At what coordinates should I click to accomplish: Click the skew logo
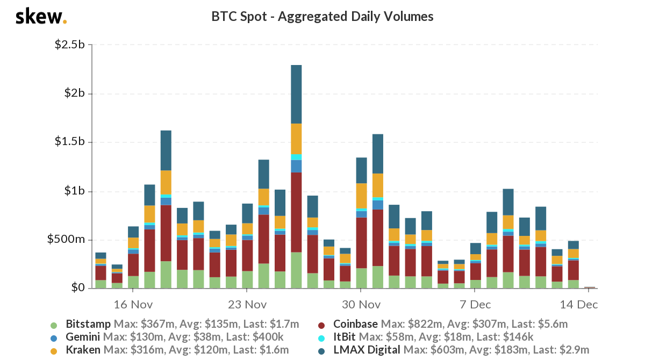tap(41, 17)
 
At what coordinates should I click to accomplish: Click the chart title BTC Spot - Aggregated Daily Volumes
tap(322, 17)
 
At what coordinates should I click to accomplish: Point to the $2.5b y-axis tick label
tap(70, 45)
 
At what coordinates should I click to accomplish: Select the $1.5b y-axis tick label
tap(70, 142)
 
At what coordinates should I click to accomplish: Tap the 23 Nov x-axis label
tap(248, 304)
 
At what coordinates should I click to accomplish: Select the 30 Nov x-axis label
tap(362, 304)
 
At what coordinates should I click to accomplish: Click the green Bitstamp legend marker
tap(53, 325)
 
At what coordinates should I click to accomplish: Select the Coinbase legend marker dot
tap(321, 325)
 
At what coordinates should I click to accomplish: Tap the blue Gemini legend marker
tap(53, 338)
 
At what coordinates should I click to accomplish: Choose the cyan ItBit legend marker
tap(321, 338)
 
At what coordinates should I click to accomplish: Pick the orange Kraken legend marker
tap(53, 351)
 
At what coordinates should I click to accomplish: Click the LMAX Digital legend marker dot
tap(321, 351)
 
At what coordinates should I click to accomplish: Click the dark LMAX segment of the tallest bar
tap(296, 94)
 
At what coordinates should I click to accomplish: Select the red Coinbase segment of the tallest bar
tap(296, 212)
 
